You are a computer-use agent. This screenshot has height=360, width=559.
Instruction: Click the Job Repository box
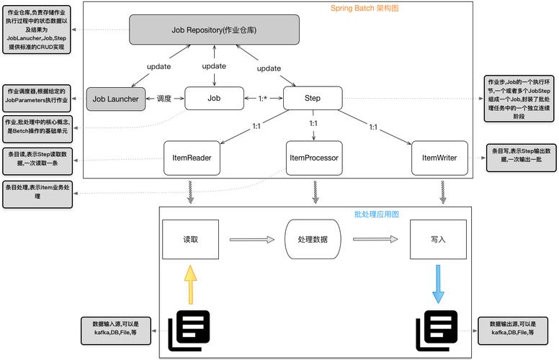215,30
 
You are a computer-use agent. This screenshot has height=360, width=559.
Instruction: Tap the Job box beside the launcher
214,98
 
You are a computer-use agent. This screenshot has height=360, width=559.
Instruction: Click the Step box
313,98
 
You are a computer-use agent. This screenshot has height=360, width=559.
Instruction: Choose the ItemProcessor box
313,157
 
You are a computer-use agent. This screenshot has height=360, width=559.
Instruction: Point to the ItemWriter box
438,157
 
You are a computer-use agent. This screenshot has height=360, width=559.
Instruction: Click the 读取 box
190,239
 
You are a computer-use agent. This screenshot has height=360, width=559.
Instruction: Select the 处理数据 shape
312,239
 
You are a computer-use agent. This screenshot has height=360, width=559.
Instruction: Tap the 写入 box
438,239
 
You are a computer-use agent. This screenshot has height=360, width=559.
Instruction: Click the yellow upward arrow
189,284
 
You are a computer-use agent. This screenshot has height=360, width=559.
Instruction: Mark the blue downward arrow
438,282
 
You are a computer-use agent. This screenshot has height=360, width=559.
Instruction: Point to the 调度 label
164,98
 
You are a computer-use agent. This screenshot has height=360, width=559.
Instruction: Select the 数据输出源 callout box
512,329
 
